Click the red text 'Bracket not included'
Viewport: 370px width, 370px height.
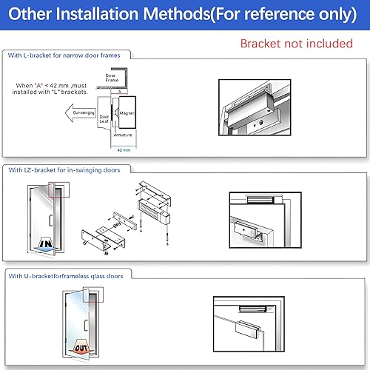tap(296, 44)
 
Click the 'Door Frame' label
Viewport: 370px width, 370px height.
tap(111, 78)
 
